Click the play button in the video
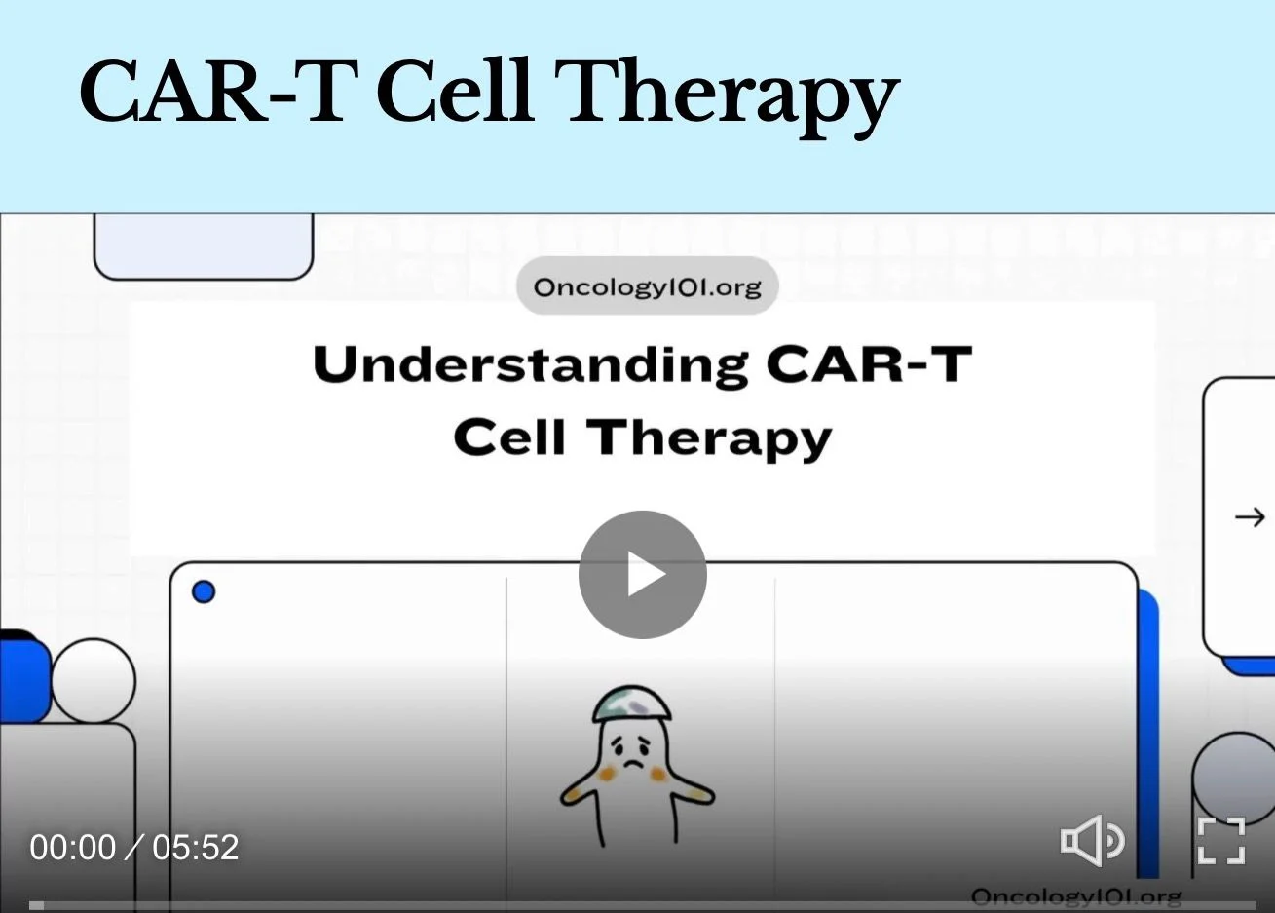click(643, 574)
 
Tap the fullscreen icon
click(1221, 841)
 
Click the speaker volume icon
click(1092, 841)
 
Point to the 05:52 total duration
click(195, 847)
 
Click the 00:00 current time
click(72, 847)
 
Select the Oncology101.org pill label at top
click(647, 285)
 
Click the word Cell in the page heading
click(456, 92)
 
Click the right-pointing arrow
click(1250, 517)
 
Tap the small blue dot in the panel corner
click(204, 591)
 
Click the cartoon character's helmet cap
click(632, 704)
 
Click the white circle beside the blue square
click(94, 681)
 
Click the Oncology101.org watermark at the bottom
click(1076, 897)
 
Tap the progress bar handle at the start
click(36, 905)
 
